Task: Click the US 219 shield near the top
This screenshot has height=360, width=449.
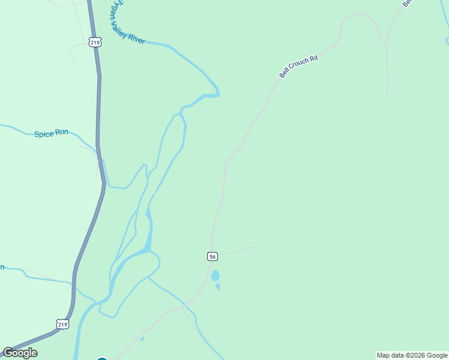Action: [x=94, y=42]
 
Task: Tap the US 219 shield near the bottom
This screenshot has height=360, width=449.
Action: [x=63, y=324]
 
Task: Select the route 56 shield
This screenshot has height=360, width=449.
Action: [x=212, y=256]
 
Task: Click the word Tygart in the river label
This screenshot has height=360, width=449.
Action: [x=116, y=11]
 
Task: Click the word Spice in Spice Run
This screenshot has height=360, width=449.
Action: [x=44, y=134]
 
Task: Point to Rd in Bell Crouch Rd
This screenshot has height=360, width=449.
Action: [x=313, y=58]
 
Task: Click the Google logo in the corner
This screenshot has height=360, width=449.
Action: [x=20, y=353]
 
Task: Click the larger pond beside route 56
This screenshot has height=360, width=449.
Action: [x=215, y=276]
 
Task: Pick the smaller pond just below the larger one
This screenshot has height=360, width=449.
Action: [x=218, y=286]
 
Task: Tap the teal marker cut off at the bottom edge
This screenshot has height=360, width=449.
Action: [x=101, y=358]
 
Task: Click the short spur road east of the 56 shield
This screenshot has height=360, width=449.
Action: [x=240, y=250]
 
